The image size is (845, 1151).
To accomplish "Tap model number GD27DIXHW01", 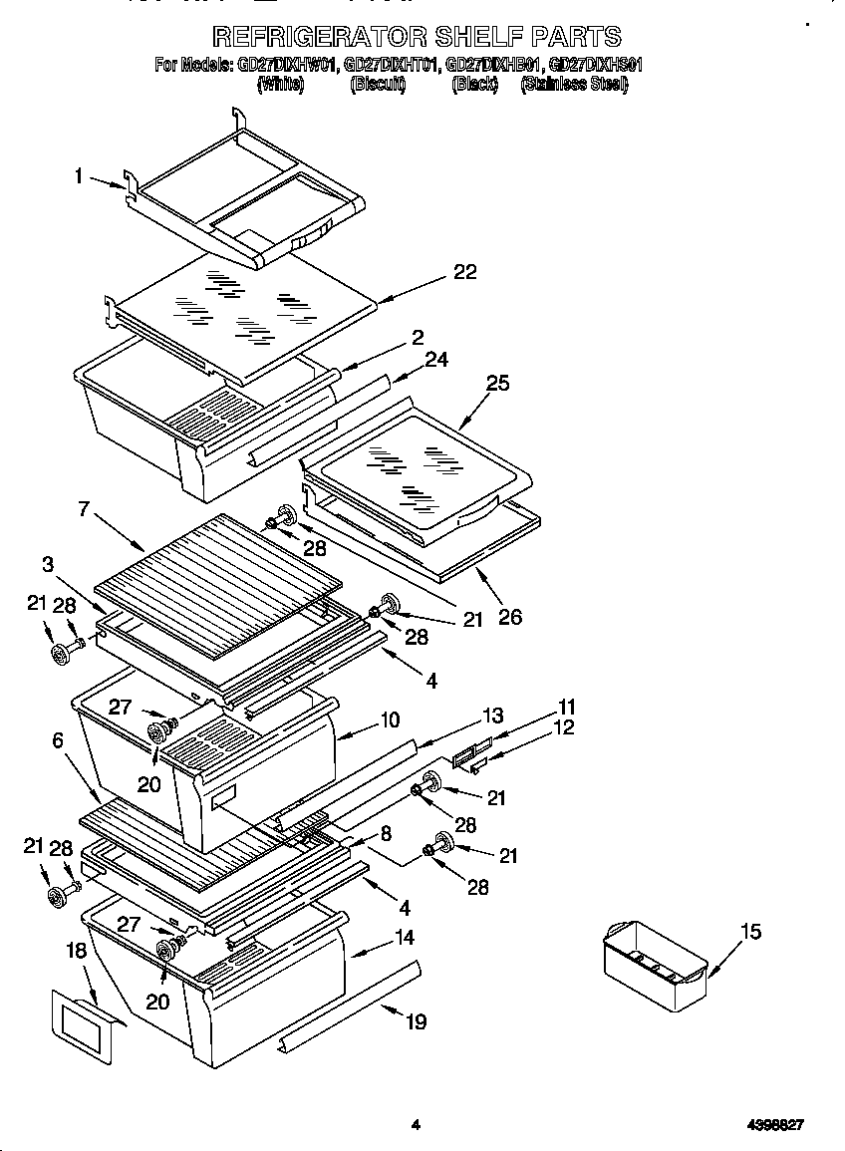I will click(x=288, y=66).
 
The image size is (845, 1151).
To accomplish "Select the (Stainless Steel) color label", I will click(x=574, y=85).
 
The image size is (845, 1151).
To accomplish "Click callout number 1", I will click(x=78, y=176).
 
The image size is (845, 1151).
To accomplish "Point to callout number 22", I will click(x=464, y=272).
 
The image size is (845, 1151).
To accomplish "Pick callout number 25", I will click(x=497, y=383).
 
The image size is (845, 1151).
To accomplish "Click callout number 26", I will click(x=509, y=617).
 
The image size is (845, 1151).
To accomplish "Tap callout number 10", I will click(x=390, y=719).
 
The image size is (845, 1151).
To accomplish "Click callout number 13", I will click(x=493, y=716).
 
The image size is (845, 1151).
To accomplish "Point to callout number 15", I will click(x=750, y=931).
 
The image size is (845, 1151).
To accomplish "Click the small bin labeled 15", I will click(x=655, y=963).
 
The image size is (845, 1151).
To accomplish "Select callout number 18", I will click(x=77, y=952).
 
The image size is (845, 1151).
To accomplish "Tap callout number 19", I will click(x=417, y=1020).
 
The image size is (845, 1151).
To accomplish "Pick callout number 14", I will click(x=404, y=938).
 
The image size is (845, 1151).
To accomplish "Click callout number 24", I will click(x=436, y=360).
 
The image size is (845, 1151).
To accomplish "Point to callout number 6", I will click(x=58, y=739).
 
